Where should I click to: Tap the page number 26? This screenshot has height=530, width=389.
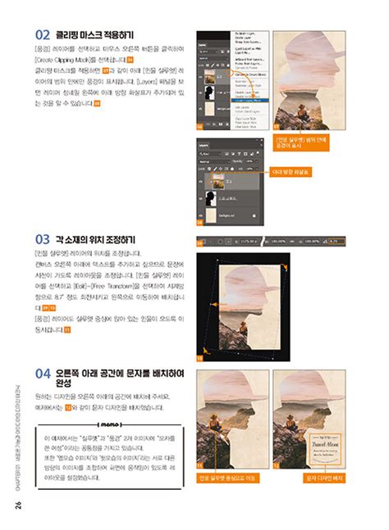(x=17, y=504)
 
